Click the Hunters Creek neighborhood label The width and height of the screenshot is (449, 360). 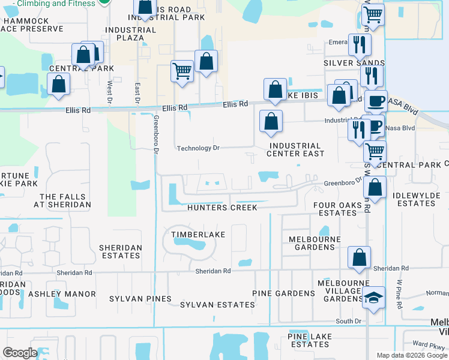[222, 208]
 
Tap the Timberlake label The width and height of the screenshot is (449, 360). [193, 234]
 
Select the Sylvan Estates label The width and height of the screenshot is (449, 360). [217, 305]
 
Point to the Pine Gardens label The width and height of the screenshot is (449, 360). [283, 293]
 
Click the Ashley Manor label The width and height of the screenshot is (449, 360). [62, 294]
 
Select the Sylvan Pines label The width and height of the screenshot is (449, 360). [140, 299]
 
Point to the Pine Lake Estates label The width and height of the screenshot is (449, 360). [309, 340]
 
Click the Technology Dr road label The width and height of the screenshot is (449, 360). [198, 148]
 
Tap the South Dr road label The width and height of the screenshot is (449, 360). [348, 322]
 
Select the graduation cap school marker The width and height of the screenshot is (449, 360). [373, 298]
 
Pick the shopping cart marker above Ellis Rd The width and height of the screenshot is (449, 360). [182, 71]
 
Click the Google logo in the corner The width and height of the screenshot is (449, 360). [20, 353]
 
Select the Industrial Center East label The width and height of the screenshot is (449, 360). [295, 149]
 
